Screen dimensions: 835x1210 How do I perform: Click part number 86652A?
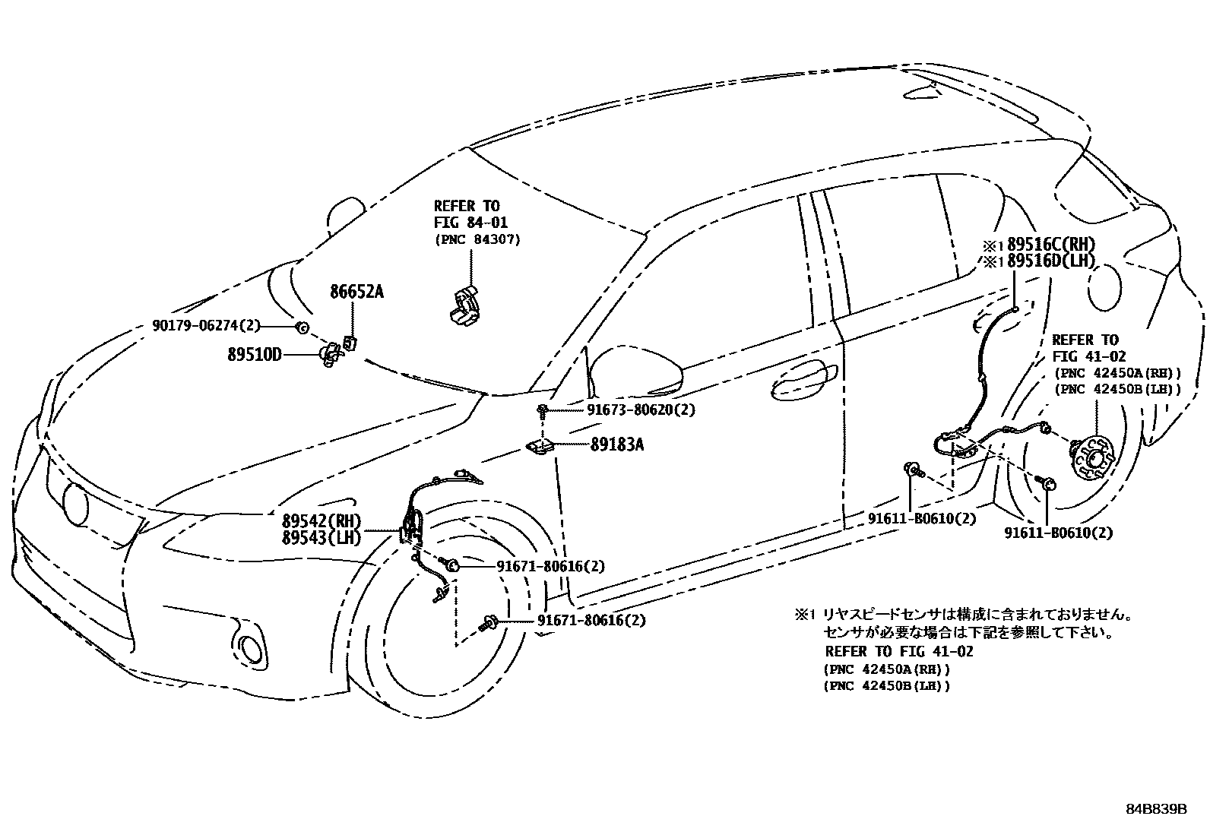click(x=356, y=292)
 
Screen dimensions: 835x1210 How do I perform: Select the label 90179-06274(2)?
click(x=206, y=326)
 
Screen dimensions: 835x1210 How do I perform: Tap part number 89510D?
click(x=254, y=353)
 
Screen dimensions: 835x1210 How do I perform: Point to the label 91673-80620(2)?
click(x=641, y=410)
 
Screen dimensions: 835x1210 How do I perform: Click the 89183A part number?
click(x=616, y=444)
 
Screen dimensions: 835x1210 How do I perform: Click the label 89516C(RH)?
click(x=1050, y=245)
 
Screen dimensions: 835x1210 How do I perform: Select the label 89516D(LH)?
click(x=1050, y=261)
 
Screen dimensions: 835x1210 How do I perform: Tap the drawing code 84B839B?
click(x=1156, y=808)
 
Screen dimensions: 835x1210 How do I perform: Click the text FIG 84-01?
click(x=470, y=223)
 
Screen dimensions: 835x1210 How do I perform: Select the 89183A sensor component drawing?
click(x=541, y=448)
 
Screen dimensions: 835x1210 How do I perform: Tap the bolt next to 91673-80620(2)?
click(x=542, y=411)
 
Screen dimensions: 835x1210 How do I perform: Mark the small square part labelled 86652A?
click(x=350, y=343)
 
